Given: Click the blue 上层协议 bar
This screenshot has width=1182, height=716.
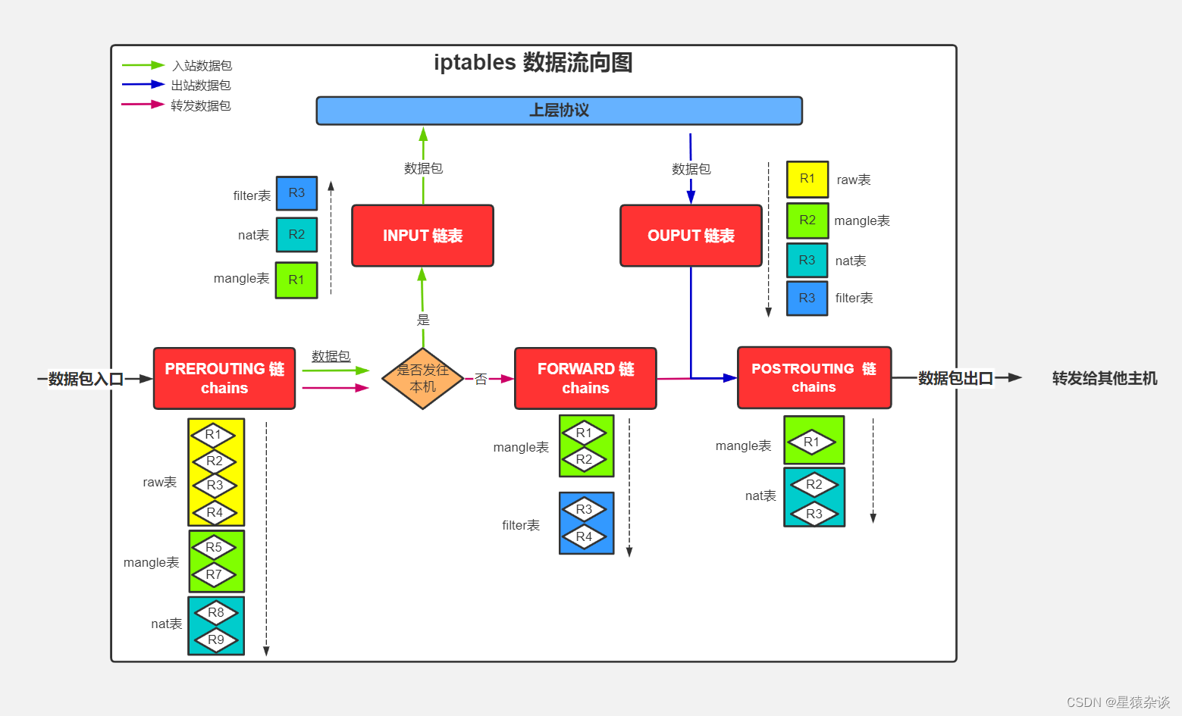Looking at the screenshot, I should click(559, 111).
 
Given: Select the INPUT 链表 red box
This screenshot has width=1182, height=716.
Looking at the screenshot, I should click(422, 236).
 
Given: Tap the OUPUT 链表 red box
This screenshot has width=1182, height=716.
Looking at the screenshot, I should click(691, 236).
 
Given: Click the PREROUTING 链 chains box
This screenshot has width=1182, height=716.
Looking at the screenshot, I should click(224, 378).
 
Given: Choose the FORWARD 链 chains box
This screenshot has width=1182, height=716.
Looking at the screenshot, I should click(585, 378).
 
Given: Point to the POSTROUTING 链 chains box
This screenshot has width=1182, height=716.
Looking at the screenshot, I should click(814, 377).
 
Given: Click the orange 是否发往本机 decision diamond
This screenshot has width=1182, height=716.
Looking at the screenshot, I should click(422, 378).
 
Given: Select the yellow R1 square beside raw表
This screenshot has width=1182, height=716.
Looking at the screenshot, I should click(807, 180).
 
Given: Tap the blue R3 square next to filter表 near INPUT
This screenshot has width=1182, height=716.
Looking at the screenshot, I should click(296, 193).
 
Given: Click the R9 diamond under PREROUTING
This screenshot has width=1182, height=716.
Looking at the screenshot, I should click(216, 639).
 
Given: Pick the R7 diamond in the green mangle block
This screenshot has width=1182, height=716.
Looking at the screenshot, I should click(215, 574).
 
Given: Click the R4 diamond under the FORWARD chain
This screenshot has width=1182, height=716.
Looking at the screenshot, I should click(584, 536).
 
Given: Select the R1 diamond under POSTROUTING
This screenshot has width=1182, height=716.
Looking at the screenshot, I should click(811, 442).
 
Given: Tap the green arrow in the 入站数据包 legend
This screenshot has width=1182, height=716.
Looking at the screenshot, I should click(143, 65).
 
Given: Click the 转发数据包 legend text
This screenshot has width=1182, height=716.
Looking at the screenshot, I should click(201, 105).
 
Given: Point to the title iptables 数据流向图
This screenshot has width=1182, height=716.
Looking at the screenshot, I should click(533, 62).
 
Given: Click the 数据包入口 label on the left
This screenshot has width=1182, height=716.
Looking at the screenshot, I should click(85, 379).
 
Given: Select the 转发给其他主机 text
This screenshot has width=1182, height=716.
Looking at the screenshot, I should click(1104, 378).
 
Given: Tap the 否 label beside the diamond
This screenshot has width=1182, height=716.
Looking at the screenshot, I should click(481, 379).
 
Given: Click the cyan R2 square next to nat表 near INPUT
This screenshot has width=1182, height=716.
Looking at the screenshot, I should click(296, 235).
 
